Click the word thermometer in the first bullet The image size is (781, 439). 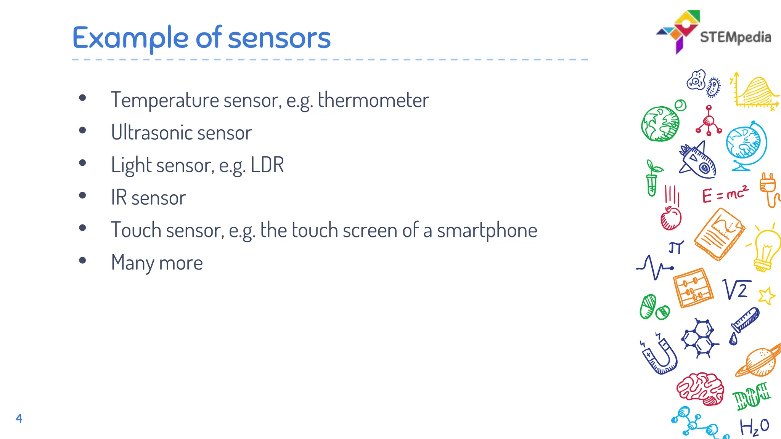(x=373, y=100)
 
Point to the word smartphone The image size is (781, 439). (x=487, y=231)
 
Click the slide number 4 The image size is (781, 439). (x=19, y=418)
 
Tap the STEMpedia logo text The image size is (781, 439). (x=735, y=37)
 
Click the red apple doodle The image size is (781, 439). (x=671, y=218)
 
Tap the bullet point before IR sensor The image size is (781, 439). (x=82, y=196)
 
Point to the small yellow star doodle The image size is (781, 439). (x=767, y=296)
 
